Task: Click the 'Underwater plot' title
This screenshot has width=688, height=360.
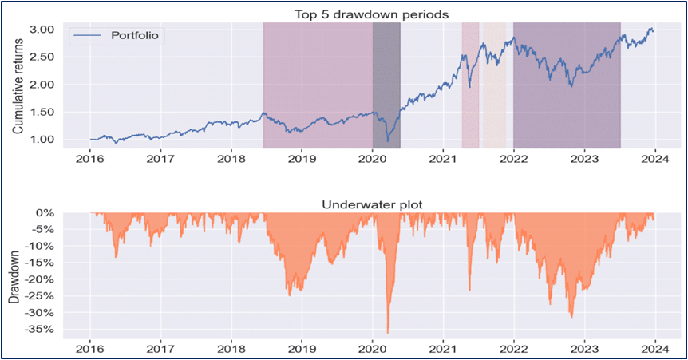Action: [x=371, y=205]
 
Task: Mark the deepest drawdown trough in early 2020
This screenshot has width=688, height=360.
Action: [x=388, y=332]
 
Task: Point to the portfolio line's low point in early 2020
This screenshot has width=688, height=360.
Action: [x=388, y=141]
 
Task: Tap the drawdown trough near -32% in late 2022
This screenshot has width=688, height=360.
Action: [x=571, y=318]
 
